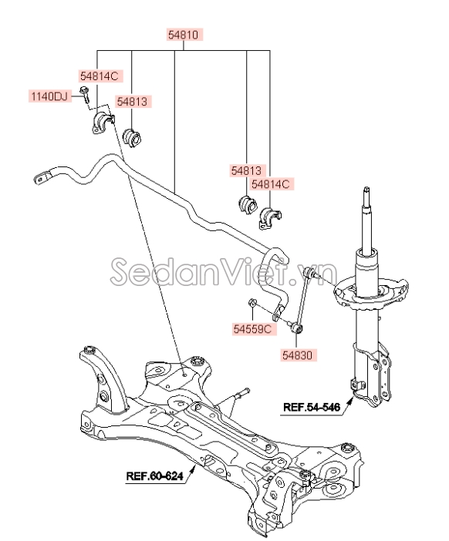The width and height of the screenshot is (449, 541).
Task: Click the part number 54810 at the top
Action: pos(184,35)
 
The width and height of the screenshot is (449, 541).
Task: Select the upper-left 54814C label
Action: pos(100,76)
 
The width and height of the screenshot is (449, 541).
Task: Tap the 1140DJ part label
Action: pos(49,96)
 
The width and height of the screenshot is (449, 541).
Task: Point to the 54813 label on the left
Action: pos(132,102)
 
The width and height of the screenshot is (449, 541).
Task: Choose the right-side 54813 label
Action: pos(246,170)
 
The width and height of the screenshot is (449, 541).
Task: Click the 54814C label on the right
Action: pos(271,184)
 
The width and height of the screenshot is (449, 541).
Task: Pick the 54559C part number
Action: pos(252,329)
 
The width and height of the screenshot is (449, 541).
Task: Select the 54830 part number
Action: pos(297,355)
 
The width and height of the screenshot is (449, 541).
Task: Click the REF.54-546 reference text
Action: pos(312,407)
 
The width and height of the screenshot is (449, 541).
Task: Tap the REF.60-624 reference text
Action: pos(154,476)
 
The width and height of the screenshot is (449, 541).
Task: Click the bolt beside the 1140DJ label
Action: pos(85,95)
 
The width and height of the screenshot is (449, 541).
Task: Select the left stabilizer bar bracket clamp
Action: pos(103,123)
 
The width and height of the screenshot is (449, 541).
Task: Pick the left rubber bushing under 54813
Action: pos(133,139)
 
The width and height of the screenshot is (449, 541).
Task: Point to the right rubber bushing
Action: pos(248,205)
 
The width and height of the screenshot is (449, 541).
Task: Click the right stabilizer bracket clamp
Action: pos(270,218)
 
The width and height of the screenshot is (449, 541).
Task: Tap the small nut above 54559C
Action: pos(252,303)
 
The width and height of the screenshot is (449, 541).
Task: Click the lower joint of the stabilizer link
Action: pos(297,328)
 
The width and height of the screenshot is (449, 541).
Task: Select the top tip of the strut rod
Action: pos(366,189)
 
